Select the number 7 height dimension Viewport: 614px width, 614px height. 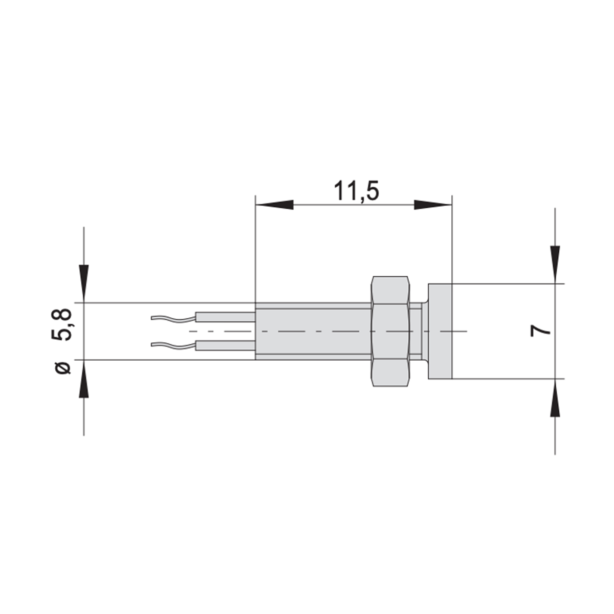[540, 331]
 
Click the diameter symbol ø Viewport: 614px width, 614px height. [63, 368]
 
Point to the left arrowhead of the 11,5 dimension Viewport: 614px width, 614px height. [274, 205]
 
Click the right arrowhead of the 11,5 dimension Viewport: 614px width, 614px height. [433, 205]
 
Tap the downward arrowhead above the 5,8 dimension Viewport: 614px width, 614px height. [84, 283]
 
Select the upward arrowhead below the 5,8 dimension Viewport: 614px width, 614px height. [84, 379]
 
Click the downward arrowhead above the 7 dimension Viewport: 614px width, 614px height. [555, 265]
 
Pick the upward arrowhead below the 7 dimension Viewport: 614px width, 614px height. [555, 398]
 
